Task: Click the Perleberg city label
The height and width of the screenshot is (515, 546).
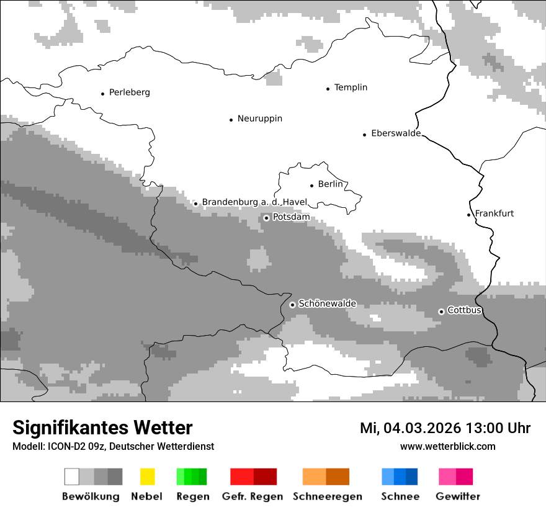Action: tap(129, 92)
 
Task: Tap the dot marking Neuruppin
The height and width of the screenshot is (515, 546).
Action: tap(231, 119)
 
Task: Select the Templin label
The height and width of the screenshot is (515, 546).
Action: tap(351, 87)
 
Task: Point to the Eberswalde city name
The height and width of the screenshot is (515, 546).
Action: tap(395, 133)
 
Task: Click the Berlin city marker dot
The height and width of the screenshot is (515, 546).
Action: tap(311, 185)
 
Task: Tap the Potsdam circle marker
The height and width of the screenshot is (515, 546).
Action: tap(266, 218)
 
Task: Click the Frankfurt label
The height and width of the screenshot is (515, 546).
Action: tap(495, 213)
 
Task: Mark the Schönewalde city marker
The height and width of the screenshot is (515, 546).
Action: tap(292, 305)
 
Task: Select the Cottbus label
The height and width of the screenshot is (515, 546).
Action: tap(464, 310)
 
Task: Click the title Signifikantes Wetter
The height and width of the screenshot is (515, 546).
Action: tap(102, 428)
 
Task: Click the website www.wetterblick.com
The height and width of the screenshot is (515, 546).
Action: tap(447, 446)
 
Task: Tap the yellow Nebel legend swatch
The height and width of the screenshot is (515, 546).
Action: tap(147, 477)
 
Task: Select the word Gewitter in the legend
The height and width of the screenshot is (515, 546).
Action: tap(458, 496)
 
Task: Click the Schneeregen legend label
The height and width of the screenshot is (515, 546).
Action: tap(327, 496)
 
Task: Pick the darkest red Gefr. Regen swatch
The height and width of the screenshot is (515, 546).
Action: tap(265, 477)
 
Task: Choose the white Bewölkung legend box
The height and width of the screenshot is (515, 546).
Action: tap(72, 477)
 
